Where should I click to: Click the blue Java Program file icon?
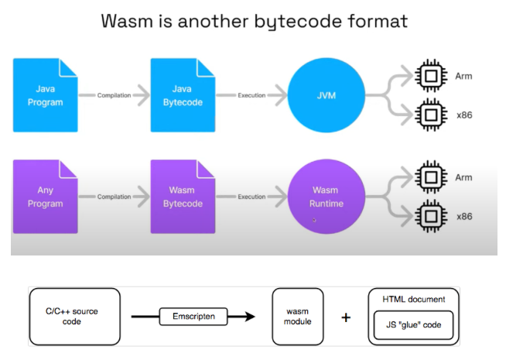[46, 94]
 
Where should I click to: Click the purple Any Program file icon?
[46, 197]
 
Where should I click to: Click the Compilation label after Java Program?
[115, 95]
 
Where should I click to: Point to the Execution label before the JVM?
[251, 95]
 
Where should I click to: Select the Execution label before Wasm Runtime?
[251, 197]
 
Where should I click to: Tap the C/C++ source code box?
[74, 317]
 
